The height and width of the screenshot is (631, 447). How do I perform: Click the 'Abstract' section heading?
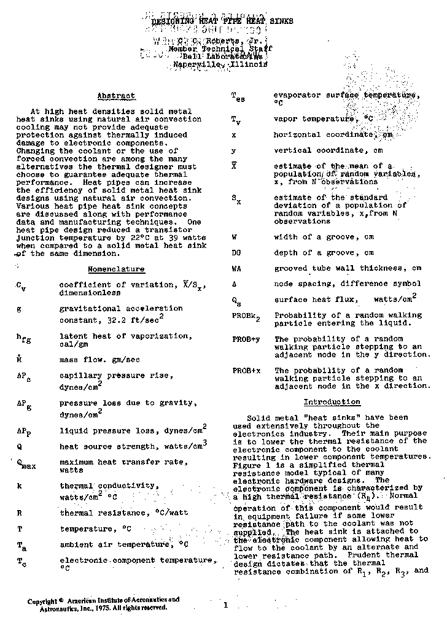(116, 96)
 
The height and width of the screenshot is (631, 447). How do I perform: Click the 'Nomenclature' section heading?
(116, 269)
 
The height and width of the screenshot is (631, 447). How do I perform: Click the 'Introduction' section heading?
(332, 402)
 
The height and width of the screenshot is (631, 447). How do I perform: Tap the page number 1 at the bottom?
(225, 605)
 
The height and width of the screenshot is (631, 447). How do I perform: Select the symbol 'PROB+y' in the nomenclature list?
(246, 339)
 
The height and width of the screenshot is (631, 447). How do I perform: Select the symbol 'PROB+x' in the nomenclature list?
(246, 371)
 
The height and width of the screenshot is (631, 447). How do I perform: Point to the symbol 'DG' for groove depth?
(236, 252)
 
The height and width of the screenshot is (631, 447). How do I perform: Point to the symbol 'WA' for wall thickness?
(236, 268)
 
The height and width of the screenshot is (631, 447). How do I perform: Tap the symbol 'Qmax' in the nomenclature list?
(25, 464)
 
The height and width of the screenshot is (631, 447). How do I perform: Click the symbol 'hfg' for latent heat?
(22, 338)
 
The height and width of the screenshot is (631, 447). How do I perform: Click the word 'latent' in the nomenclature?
(72, 336)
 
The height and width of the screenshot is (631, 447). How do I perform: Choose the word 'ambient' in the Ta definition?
(76, 544)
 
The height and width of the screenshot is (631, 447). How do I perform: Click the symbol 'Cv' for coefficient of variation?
(21, 286)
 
